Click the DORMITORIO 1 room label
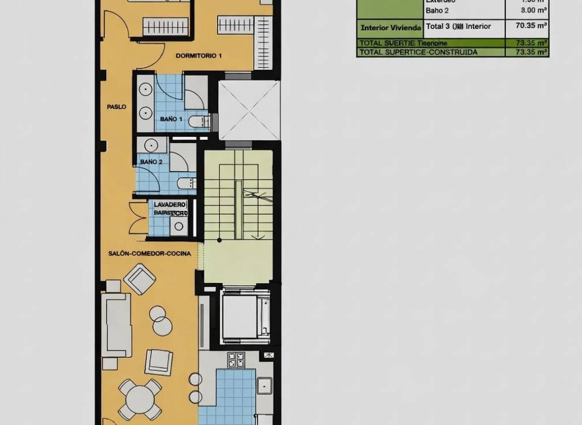tap(199, 56)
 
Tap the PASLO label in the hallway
tap(116, 107)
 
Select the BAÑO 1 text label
tap(171, 118)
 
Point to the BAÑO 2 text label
tap(151, 162)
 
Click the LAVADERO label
tap(170, 204)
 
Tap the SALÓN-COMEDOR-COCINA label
tap(150, 253)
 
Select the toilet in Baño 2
tap(186, 184)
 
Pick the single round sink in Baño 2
tap(152, 145)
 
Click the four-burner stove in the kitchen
tap(236, 360)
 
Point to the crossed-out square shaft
tap(249, 110)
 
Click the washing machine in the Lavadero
tap(178, 226)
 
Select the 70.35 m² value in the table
tap(527, 26)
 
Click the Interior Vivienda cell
tap(390, 27)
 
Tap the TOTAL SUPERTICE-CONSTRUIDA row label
tap(418, 52)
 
